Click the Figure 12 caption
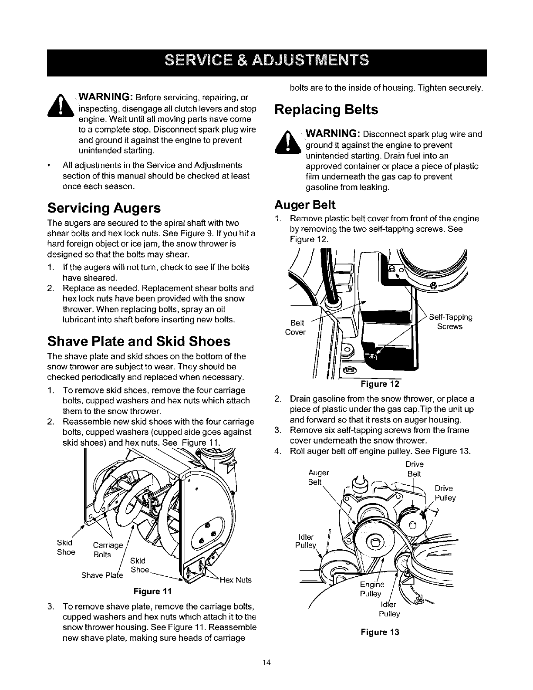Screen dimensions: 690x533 point(379,384)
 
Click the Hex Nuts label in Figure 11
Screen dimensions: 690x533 point(236,580)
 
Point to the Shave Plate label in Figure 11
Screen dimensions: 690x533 point(102,575)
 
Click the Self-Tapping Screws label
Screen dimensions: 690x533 point(451,321)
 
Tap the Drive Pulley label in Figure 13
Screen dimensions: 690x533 point(445,493)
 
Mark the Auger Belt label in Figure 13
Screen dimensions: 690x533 point(318,477)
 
